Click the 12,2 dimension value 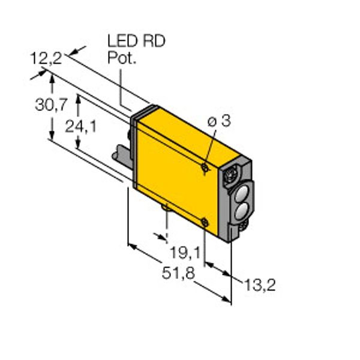[x=46, y=59]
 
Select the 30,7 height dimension [x=51, y=104]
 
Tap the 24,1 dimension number [x=80, y=126]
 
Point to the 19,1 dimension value [x=185, y=253]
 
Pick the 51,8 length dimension [x=178, y=273]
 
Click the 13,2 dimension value [x=260, y=285]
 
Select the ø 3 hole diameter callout [x=219, y=121]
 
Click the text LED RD [x=136, y=41]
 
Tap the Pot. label [x=122, y=58]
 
